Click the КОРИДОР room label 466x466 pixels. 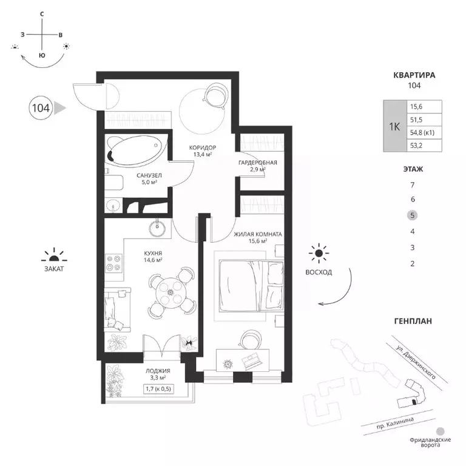coord(203,147)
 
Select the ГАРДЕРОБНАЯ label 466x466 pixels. coord(258,163)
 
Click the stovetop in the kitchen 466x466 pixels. coord(114,263)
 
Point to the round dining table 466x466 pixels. coord(171,292)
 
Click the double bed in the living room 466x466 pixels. coord(251,286)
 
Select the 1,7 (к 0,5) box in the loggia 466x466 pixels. coord(158,389)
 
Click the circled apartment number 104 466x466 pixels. coord(41,108)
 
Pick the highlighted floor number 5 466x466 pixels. coord(412,215)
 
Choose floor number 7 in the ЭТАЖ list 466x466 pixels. coord(412,185)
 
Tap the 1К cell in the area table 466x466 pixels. coord(394,127)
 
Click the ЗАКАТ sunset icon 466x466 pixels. coord(54,255)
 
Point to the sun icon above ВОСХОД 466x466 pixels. coord(319,254)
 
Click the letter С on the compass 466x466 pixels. coord(42,14)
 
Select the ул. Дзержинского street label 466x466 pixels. coord(416,362)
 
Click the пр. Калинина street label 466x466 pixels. coord(395,423)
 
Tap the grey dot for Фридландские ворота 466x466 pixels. coord(440,431)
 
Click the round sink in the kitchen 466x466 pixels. coord(157,229)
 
